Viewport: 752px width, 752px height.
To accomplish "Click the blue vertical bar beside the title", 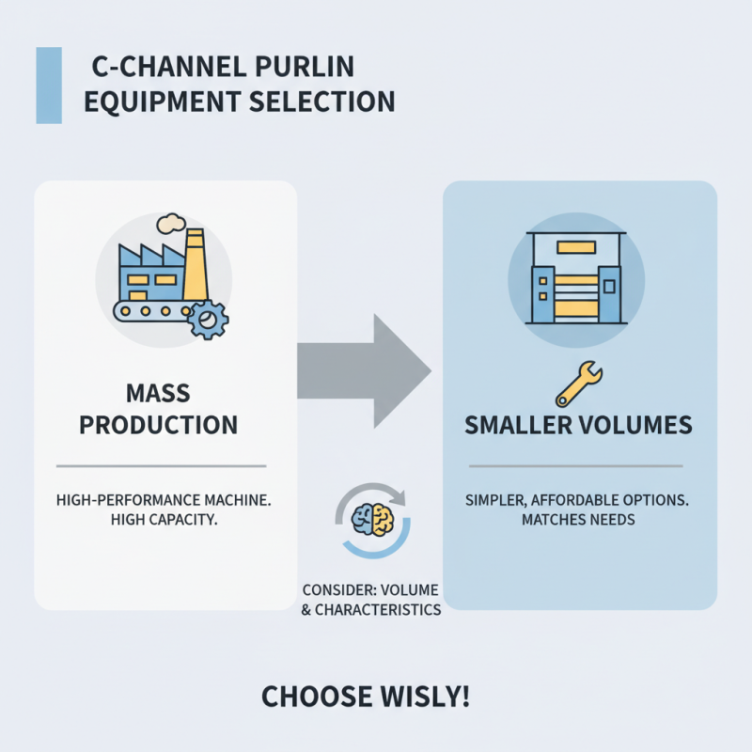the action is (49, 86).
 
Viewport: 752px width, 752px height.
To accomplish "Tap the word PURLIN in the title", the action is (305, 67).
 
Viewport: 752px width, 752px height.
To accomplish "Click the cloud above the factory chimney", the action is (171, 224).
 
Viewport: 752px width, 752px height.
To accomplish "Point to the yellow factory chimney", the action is (196, 265).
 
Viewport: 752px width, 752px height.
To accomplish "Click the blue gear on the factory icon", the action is (208, 320).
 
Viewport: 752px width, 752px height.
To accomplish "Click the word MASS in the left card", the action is (158, 393).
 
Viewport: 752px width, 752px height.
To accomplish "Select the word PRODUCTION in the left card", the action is (158, 425).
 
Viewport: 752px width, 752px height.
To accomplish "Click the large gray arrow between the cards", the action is (364, 371).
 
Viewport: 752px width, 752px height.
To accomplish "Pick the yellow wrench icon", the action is (579, 384).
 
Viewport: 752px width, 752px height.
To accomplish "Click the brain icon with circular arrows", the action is (372, 521).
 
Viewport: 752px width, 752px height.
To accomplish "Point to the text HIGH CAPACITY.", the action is (164, 520).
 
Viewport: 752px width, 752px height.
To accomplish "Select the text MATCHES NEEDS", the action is (578, 520).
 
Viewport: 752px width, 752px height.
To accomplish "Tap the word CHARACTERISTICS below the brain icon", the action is (378, 609).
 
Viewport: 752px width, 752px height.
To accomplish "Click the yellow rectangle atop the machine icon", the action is (576, 247).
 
